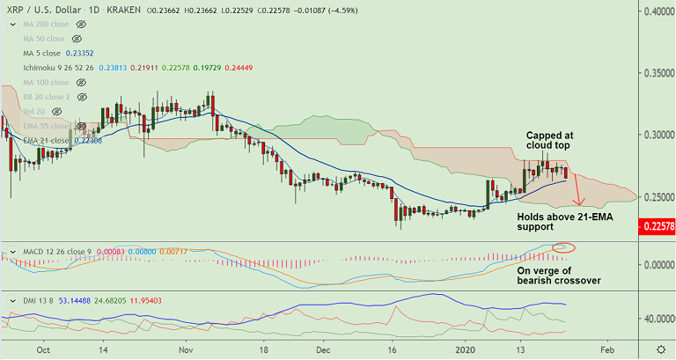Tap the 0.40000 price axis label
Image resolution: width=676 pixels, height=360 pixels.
click(x=654, y=11)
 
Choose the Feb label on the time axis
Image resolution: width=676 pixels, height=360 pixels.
click(x=606, y=349)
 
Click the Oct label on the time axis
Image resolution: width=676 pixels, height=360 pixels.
click(x=40, y=349)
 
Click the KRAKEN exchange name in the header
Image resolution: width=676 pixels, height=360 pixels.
click(x=125, y=11)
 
